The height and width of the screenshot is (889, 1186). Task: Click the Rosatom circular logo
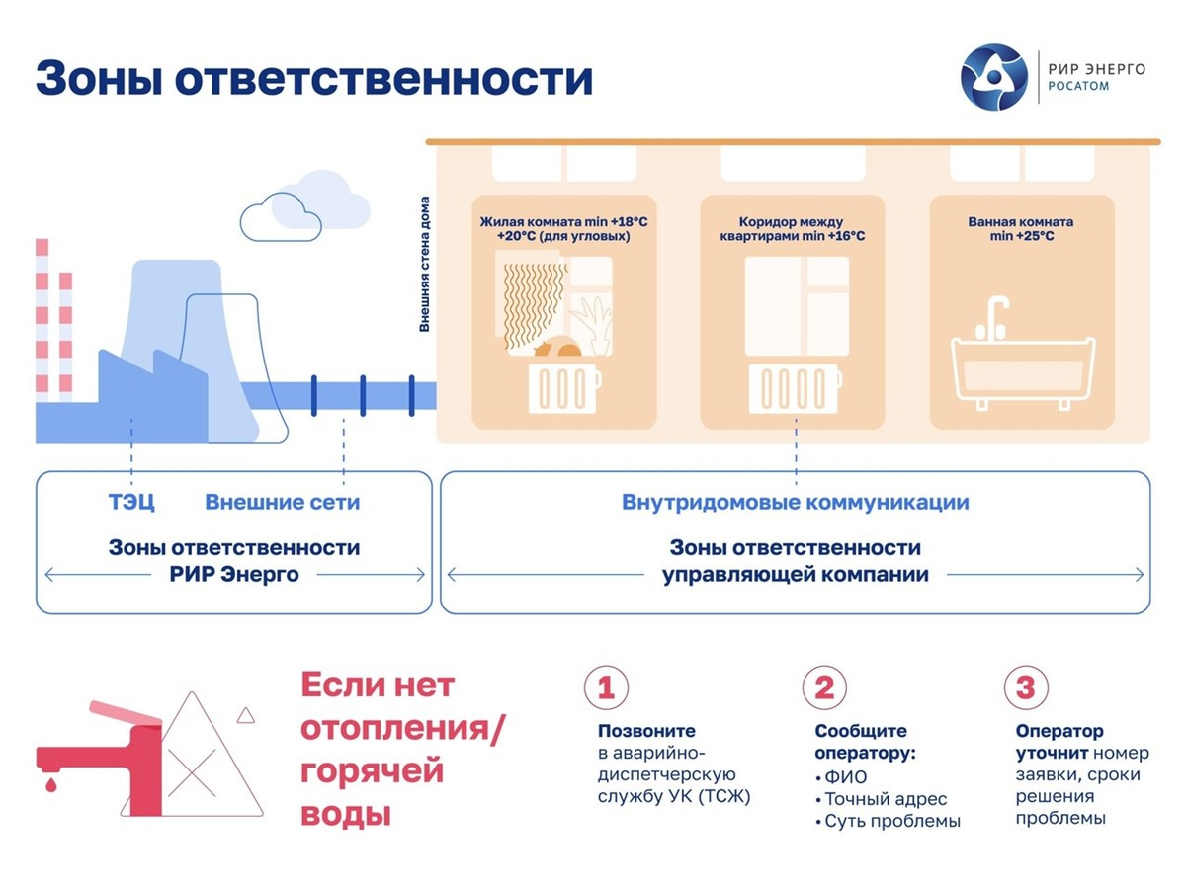point(994,76)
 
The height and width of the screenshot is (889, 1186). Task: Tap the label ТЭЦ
point(131,502)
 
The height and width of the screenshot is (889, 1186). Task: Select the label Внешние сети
point(282,502)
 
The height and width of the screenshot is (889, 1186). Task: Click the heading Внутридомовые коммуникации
point(795,502)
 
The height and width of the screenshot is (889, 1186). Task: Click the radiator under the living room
point(563,388)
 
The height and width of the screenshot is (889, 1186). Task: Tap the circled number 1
point(605,687)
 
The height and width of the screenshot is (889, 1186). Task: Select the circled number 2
point(823,687)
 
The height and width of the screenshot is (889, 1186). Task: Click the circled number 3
point(1025,687)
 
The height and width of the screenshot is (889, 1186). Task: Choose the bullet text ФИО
point(845,777)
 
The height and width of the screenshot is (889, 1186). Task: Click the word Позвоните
point(646,732)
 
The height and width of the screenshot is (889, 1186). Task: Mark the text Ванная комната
point(1020,222)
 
